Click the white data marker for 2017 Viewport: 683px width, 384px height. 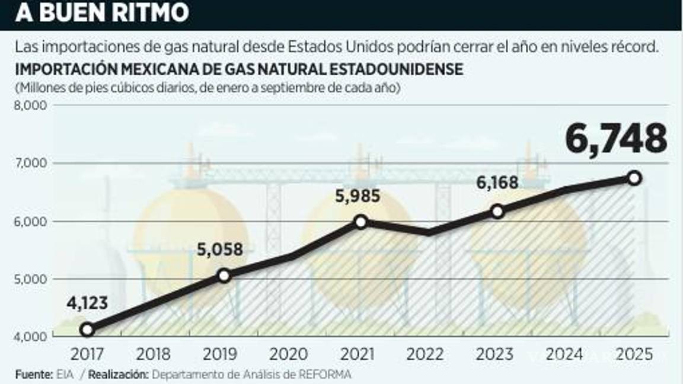point(87,329)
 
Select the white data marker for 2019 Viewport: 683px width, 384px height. point(224,276)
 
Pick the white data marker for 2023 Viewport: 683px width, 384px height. point(497,211)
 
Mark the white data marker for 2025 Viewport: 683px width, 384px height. point(634,178)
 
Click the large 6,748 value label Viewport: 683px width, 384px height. point(615,139)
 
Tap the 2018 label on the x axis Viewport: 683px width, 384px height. point(153,355)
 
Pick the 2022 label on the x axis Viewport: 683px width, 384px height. point(425,355)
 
